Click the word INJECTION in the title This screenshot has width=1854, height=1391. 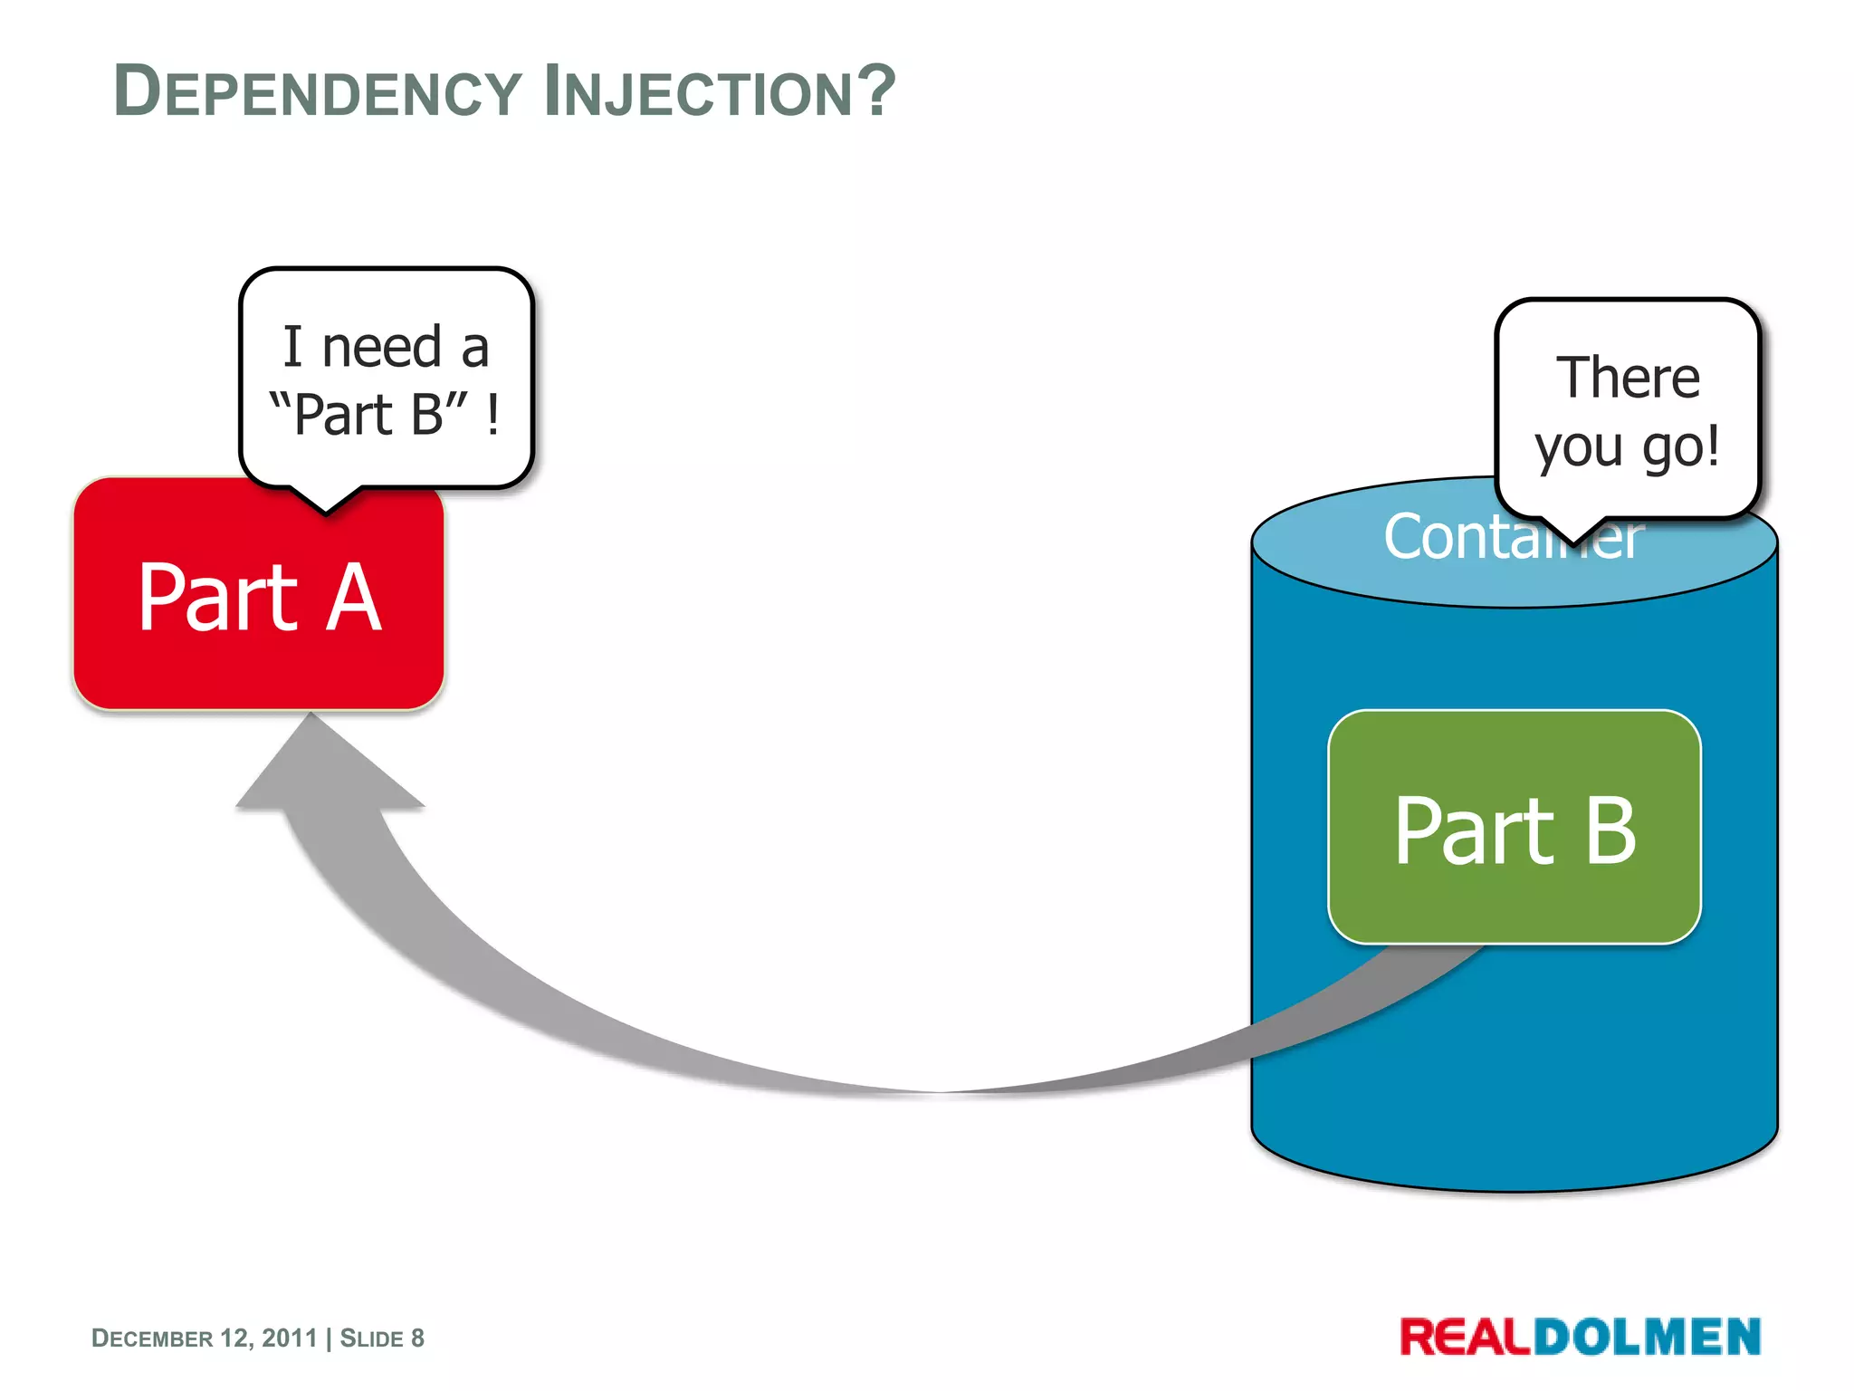tap(697, 92)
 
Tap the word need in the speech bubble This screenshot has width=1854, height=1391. tap(381, 348)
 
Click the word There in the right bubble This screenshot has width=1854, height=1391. tap(1628, 378)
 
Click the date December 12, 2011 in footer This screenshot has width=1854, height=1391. tap(205, 1338)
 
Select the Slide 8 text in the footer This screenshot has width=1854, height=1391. tap(382, 1338)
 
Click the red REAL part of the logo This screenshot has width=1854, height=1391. tap(1466, 1338)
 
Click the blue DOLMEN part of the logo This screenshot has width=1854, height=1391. tap(1647, 1338)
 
